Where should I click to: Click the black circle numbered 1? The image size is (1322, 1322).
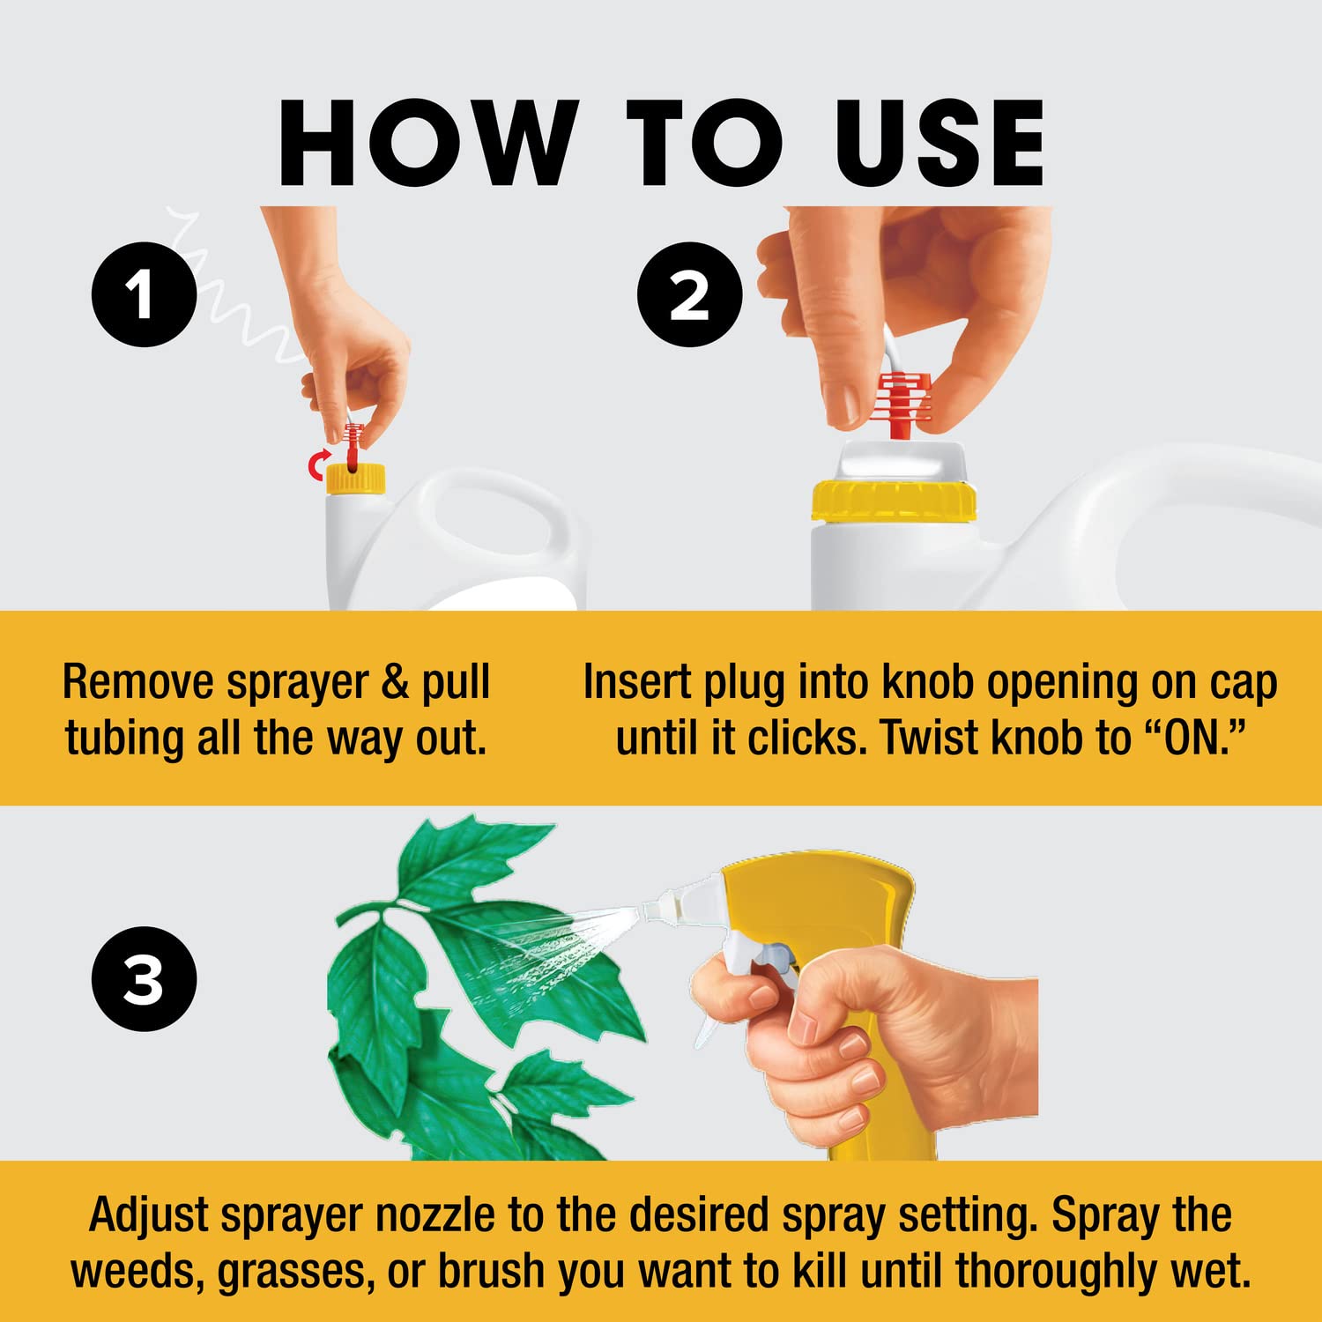tap(144, 293)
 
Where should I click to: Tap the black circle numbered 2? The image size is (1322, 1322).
tap(689, 293)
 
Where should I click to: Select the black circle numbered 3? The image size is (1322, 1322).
tap(144, 978)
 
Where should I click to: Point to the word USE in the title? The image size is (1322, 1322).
tap(940, 144)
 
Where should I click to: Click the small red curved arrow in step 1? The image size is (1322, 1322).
tap(316, 465)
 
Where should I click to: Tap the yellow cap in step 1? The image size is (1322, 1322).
tap(355, 479)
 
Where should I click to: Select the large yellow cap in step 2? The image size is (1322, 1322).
tap(894, 501)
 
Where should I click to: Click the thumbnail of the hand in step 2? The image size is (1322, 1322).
tap(843, 404)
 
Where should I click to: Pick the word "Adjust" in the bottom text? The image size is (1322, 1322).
tap(150, 1216)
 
